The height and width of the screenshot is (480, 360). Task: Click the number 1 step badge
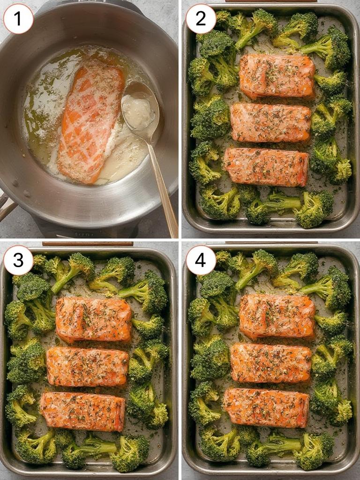(x=18, y=19)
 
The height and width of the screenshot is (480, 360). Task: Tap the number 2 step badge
(x=201, y=19)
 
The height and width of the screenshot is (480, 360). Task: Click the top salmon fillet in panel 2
(x=277, y=75)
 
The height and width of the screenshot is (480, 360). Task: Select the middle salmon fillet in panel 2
(x=270, y=122)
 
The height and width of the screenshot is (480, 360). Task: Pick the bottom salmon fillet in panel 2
(x=266, y=167)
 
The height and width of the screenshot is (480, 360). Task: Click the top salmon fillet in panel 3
(x=94, y=319)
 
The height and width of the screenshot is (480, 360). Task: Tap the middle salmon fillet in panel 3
(x=87, y=367)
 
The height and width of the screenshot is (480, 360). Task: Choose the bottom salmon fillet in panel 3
(x=82, y=411)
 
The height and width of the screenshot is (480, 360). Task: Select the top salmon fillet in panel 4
(x=277, y=316)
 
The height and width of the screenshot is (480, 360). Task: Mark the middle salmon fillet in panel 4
(x=270, y=362)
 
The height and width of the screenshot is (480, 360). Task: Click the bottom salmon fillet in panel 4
(x=266, y=407)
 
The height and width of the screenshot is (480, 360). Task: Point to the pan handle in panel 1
(x=6, y=206)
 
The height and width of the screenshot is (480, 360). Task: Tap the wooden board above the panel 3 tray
(x=87, y=244)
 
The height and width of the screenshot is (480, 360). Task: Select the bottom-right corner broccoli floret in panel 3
(x=130, y=453)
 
